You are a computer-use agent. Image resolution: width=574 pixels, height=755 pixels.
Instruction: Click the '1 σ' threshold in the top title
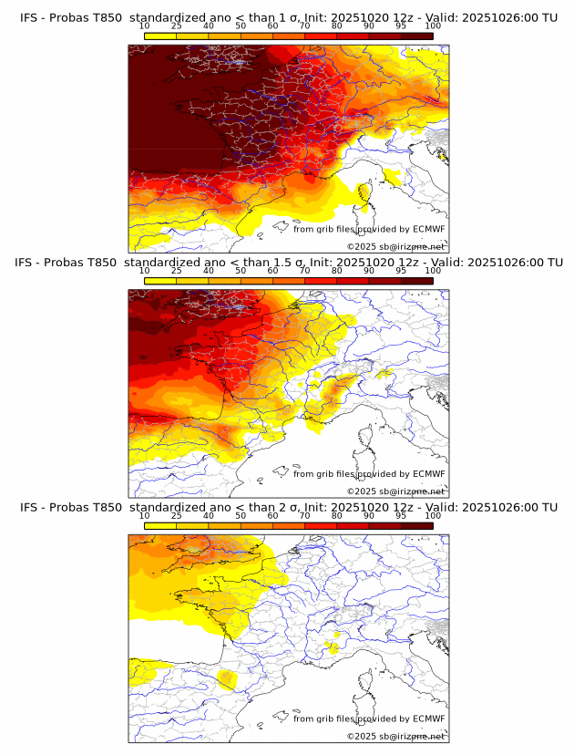292,17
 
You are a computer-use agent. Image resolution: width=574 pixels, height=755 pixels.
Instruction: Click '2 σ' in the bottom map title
292,507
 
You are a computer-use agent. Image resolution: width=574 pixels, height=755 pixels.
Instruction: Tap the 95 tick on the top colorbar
401,26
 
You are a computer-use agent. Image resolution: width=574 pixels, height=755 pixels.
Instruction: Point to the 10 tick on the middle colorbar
145,271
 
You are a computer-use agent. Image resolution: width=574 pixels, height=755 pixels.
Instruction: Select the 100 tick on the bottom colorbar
433,515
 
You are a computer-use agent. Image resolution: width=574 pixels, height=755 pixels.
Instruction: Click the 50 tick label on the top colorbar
241,26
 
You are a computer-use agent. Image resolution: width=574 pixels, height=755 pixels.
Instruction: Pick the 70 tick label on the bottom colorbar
305,515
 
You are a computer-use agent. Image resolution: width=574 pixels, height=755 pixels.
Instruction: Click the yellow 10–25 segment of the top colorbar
160,36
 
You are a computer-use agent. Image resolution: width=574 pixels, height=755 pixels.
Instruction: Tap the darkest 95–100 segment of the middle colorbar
417,280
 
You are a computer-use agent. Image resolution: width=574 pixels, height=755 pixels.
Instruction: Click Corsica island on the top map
364,191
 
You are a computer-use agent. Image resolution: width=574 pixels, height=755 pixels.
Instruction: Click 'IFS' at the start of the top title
29,17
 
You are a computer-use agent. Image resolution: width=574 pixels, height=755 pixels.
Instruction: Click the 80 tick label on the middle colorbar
337,271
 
